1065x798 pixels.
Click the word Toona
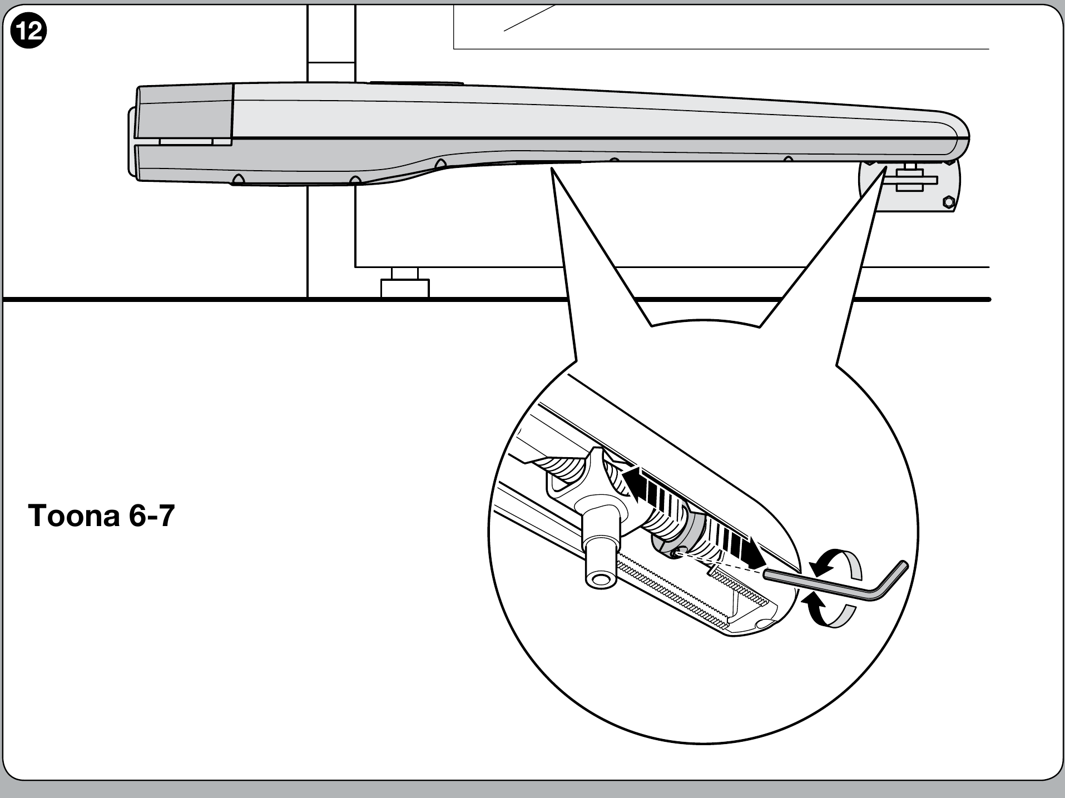point(74,516)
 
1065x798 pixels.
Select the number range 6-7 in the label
point(152,516)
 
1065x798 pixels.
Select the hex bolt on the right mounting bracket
point(949,201)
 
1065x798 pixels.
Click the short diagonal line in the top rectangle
point(529,18)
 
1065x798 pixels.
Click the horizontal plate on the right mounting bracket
point(910,180)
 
